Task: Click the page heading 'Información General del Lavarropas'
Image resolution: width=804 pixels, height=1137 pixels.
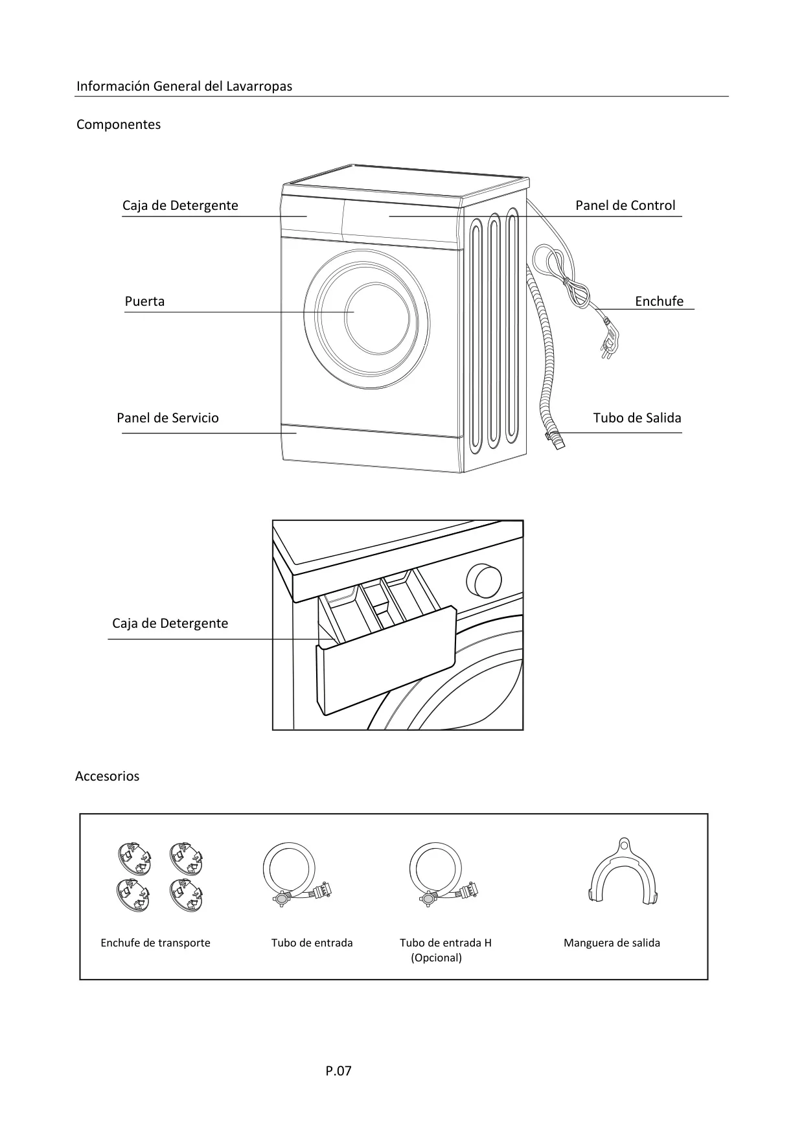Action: pos(184,86)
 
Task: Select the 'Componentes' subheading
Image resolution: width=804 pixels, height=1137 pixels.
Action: pos(119,124)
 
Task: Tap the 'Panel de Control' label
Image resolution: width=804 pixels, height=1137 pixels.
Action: pos(625,205)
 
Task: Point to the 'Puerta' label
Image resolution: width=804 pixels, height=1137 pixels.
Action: pos(144,301)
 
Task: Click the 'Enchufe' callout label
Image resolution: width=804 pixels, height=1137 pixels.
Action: pos(659,301)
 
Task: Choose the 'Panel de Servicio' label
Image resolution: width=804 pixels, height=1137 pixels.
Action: pos(168,418)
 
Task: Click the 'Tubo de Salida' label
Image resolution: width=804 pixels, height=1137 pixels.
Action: pos(637,418)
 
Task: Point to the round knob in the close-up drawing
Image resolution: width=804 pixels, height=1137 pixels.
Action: pos(484,580)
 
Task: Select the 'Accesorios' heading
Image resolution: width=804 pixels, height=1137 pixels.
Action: pos(108,776)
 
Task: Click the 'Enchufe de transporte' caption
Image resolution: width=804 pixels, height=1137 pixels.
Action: pos(155,943)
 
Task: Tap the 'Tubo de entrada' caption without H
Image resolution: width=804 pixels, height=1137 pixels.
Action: pos(312,943)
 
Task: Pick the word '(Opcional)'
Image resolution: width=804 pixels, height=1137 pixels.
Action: pos(436,958)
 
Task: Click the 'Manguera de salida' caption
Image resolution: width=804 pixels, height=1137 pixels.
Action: pos(612,943)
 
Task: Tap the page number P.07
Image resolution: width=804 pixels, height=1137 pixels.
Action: pos(338,1071)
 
